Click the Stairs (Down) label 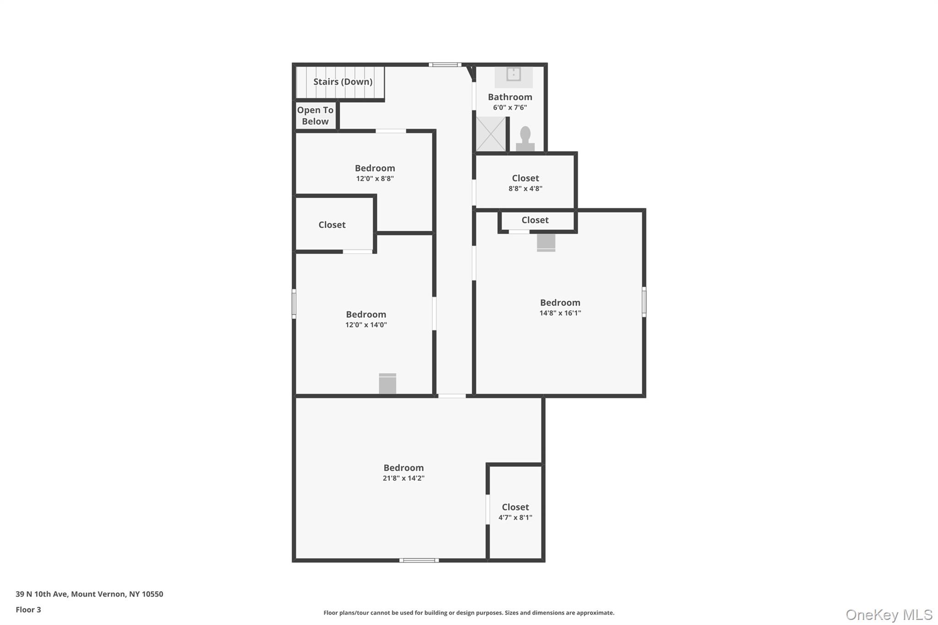(343, 82)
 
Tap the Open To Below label (315, 116)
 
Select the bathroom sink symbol (513, 74)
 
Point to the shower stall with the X (491, 134)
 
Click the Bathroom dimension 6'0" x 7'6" (510, 108)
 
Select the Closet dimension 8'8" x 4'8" (525, 189)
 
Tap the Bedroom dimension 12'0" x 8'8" (375, 179)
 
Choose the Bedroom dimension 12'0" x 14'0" (366, 325)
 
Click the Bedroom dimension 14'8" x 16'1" (560, 313)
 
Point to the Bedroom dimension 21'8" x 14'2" (404, 478)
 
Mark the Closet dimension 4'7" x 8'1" (515, 518)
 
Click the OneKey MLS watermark (889, 614)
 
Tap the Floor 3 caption (28, 610)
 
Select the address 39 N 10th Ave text (89, 594)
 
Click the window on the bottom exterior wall (419, 560)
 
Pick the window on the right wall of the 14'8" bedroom (644, 302)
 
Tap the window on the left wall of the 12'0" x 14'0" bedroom (294, 304)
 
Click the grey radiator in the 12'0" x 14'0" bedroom (387, 383)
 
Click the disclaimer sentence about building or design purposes (469, 613)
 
